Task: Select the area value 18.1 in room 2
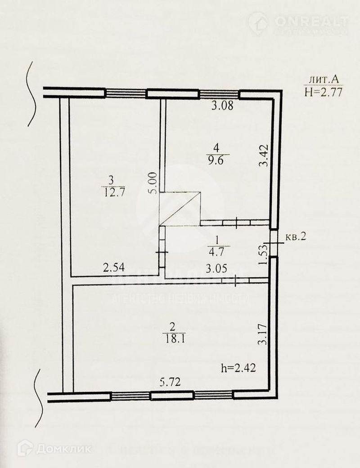click(175, 338)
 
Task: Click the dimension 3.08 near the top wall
click(223, 107)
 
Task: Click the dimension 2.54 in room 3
click(113, 268)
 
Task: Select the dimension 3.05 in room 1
click(216, 268)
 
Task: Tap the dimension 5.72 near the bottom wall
click(171, 383)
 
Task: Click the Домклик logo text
click(63, 448)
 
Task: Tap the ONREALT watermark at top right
click(310, 21)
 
